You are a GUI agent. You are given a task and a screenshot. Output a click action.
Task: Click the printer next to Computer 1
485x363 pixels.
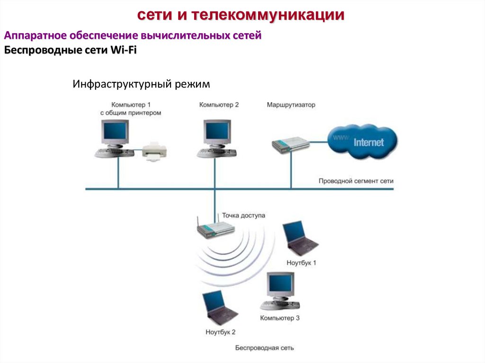pos(155,151)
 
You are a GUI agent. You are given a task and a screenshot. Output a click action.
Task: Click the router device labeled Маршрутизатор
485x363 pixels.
pos(289,144)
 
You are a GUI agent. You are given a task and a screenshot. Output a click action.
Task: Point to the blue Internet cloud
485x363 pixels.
pos(362,142)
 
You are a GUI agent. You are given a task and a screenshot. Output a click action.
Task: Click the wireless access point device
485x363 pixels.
pos(216,230)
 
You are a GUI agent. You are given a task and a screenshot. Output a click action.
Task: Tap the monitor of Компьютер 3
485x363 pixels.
pos(281,285)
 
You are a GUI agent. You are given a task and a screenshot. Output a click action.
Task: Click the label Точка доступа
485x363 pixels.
pos(242,215)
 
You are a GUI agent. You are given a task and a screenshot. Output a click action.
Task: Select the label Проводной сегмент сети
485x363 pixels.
pos(356,181)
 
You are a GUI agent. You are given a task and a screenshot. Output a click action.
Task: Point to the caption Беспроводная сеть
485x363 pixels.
pos(264,348)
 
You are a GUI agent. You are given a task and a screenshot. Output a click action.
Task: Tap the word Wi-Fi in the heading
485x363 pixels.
pos(123,51)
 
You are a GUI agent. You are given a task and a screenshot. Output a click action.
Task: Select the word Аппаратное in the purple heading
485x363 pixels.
pos(35,36)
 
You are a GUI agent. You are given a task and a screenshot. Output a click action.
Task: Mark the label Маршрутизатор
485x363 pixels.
pos(290,105)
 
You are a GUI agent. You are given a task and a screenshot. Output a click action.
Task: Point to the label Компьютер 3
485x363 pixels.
pos(279,319)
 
